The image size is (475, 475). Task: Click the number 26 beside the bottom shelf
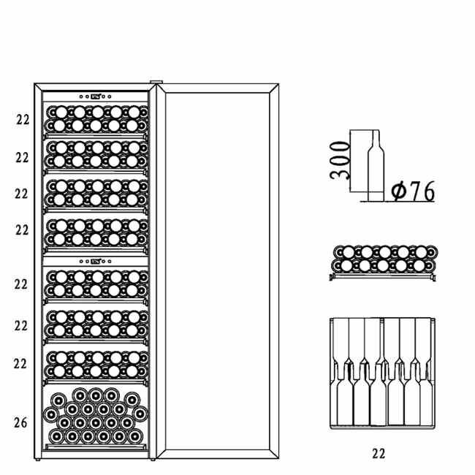coord(22,422)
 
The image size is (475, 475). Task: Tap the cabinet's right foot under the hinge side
coord(151,461)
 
